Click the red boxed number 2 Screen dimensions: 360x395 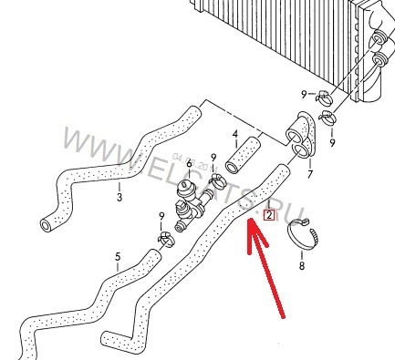tap(268, 216)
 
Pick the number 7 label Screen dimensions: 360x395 tap(310, 173)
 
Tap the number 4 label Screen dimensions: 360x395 tap(234, 134)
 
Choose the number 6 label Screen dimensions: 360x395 tap(190, 164)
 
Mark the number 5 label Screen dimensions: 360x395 tap(117, 256)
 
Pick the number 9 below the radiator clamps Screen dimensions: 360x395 tap(332, 142)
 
